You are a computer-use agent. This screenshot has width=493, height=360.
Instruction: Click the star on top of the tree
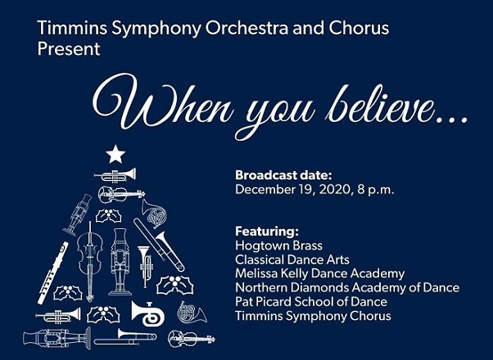[x=115, y=155]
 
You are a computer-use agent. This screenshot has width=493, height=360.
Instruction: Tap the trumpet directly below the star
[x=115, y=175]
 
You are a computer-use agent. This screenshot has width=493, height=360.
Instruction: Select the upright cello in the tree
[x=90, y=261]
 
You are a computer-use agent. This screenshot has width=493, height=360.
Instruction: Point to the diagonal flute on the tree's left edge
[x=52, y=272]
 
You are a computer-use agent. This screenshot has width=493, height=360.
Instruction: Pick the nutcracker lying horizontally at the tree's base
[x=57, y=339]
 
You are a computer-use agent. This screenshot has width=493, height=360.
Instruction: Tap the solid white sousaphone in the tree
[x=148, y=313]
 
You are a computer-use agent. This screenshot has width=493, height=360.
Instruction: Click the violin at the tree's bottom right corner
[x=191, y=340]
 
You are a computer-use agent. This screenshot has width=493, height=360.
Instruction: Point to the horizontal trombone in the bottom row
[x=125, y=337]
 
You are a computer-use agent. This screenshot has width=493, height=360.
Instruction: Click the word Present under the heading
[x=69, y=49]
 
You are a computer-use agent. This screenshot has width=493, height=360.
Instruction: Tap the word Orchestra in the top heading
[x=246, y=28]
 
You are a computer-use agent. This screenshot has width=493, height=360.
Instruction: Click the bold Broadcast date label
[x=283, y=175]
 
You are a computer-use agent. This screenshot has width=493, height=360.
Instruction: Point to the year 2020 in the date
[x=335, y=190]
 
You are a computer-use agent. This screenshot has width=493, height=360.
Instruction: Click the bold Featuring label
[x=267, y=232]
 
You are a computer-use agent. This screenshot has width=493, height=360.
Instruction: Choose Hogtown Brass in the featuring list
[x=278, y=245]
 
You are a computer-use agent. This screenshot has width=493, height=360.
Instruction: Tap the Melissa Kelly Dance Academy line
[x=319, y=273]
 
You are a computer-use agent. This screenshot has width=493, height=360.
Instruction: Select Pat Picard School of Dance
[x=311, y=302]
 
